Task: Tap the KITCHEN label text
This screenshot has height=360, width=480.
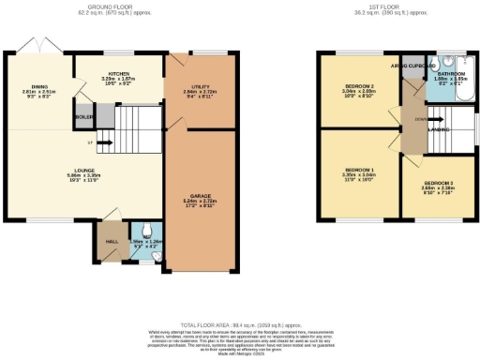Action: tap(118, 72)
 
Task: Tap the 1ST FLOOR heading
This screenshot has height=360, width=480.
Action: tap(386, 5)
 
